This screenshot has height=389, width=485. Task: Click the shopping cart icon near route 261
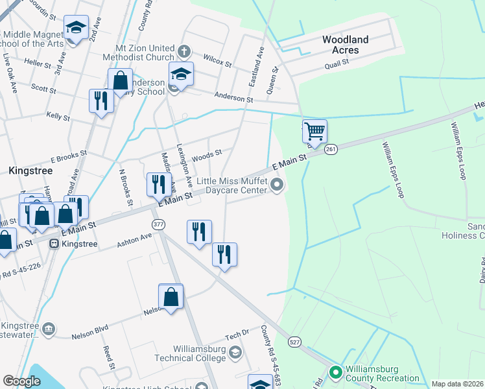(314, 132)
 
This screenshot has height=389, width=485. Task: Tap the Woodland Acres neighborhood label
(345, 45)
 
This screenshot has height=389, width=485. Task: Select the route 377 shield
(158, 224)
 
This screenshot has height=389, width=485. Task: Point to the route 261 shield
(331, 148)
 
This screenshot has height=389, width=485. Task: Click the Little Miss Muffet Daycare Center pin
(278, 186)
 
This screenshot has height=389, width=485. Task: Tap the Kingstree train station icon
(54, 244)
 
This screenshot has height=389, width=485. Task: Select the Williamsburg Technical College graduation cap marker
(235, 353)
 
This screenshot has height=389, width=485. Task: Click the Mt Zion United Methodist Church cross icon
(184, 51)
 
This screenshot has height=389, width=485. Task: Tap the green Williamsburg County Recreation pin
(335, 372)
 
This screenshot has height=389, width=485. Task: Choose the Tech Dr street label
(237, 335)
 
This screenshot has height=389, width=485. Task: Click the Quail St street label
(337, 63)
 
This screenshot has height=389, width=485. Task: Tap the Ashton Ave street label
(134, 240)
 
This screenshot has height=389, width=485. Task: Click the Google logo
(21, 381)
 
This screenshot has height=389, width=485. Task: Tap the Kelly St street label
(58, 115)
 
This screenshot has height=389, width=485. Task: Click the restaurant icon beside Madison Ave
(158, 185)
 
